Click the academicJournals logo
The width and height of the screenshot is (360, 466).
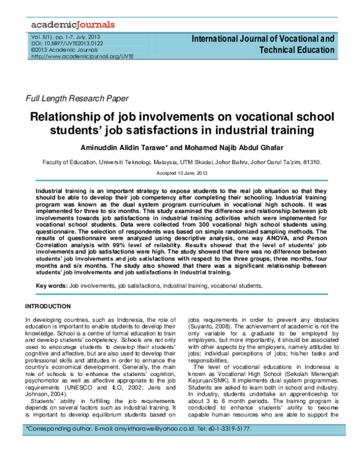pos(71,25)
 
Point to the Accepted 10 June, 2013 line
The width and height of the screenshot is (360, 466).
pos(179,173)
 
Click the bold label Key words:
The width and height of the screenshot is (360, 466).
pos(52,287)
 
